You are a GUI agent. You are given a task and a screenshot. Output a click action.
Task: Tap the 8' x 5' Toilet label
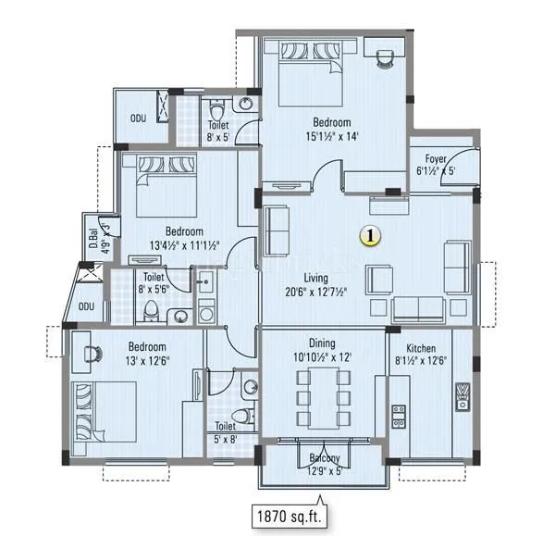pos(218,131)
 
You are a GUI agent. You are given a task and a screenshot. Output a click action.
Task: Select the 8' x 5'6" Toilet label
pos(155,281)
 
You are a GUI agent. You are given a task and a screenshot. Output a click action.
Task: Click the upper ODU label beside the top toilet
pos(137,118)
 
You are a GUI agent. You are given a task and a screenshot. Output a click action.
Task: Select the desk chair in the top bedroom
pos(384,59)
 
